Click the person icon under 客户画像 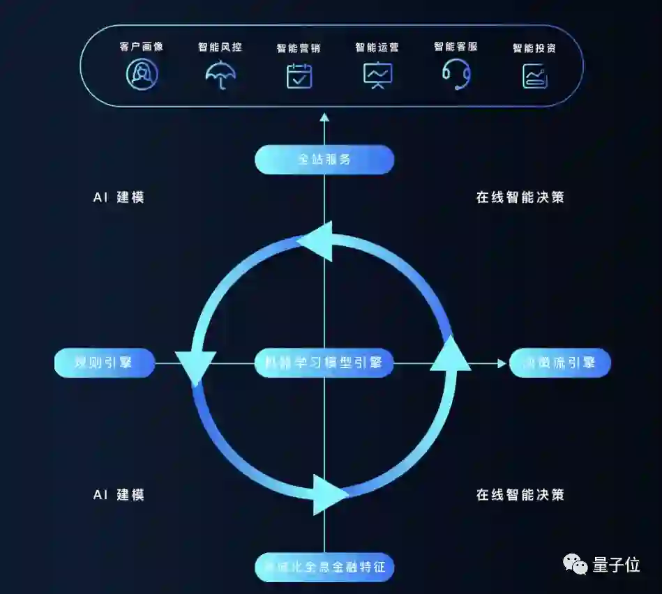pos(142,75)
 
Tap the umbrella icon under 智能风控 pos(220,75)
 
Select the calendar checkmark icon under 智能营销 pos(299,75)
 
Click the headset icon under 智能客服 pos(456,74)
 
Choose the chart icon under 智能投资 pos(535,76)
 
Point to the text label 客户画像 pos(142,47)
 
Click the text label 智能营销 pos(299,48)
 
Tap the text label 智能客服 pos(456,47)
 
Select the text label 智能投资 pos(534,48)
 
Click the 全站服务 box pos(324,160)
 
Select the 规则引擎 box pos(104,363)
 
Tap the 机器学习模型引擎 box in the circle pos(324,363)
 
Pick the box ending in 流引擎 pos(560,363)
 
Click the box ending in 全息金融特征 pos(324,566)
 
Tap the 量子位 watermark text pos(617,565)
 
